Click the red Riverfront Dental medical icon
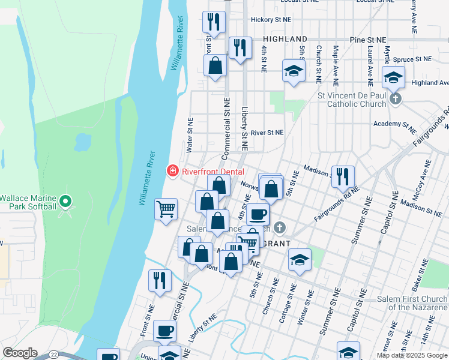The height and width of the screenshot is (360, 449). [173, 171]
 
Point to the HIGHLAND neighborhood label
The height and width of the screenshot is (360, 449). [285, 39]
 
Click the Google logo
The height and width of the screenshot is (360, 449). [20, 353]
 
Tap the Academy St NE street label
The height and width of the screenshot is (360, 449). [394, 124]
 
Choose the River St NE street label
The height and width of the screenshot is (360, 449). [267, 133]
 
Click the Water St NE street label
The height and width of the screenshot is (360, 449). [190, 134]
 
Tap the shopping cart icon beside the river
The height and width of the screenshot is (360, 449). [166, 209]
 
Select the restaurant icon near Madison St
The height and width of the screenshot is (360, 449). [343, 176]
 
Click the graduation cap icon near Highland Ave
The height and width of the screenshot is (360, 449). [394, 77]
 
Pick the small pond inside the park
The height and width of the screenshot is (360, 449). [82, 142]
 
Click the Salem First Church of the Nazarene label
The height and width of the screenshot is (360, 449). [412, 303]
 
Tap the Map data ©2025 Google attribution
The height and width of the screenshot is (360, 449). [412, 355]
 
